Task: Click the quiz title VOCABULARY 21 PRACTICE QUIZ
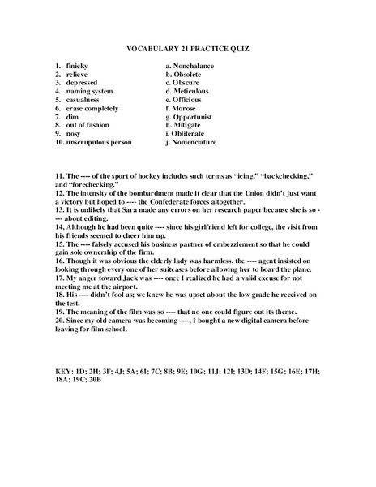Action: tap(187, 49)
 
